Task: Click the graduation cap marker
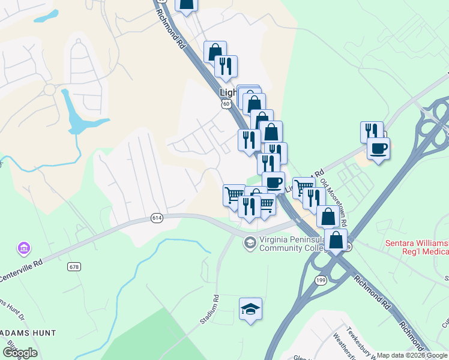tap(250, 309)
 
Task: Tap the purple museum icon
tap(24, 248)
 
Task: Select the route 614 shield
tap(157, 218)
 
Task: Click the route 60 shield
tap(226, 104)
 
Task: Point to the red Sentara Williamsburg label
tap(417, 247)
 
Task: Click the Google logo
tap(19, 352)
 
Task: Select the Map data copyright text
tap(412, 355)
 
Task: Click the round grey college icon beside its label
tap(249, 243)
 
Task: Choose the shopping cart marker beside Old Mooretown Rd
tap(303, 187)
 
